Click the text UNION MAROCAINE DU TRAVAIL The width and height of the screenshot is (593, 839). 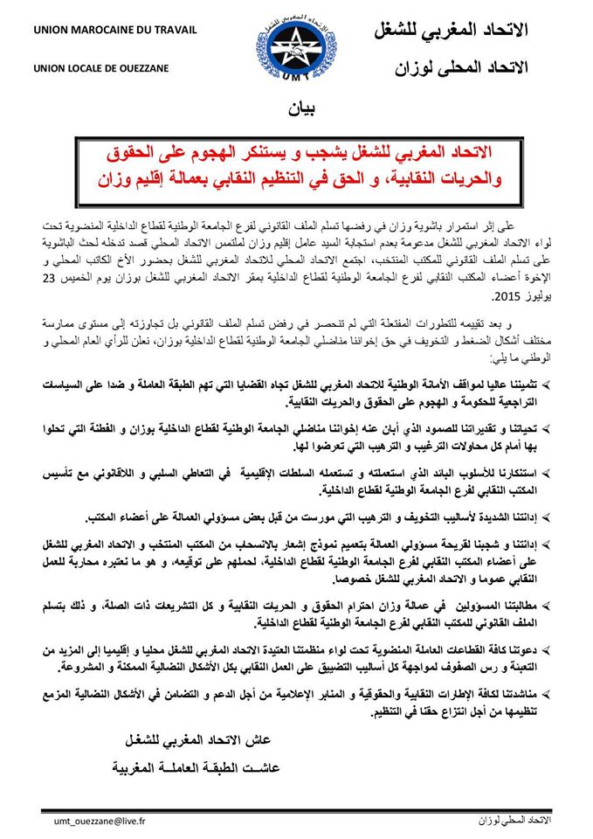100,32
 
